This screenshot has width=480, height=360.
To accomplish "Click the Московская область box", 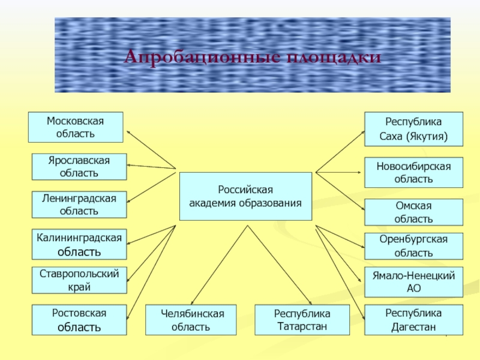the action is point(76,127).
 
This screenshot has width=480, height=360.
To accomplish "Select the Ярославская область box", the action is point(79,167).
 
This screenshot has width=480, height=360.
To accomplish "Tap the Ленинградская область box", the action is point(79,205).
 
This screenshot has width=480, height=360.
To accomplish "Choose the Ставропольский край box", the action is point(79,280).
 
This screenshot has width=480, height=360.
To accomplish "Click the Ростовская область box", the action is point(79,320).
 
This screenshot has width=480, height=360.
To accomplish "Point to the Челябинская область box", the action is point(191,320).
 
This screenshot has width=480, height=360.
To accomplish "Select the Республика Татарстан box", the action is point(302,320).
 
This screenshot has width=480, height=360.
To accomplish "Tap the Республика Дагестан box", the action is point(414,320).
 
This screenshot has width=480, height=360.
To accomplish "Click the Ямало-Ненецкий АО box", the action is point(414,282).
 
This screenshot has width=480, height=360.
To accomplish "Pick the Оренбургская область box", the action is point(414,246).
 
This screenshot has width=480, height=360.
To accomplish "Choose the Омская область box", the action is point(414,212).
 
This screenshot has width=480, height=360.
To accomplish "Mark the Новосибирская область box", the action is point(414,172).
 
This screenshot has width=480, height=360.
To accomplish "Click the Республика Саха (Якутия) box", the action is point(414,129).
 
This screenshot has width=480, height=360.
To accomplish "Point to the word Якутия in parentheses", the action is point(428,136).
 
